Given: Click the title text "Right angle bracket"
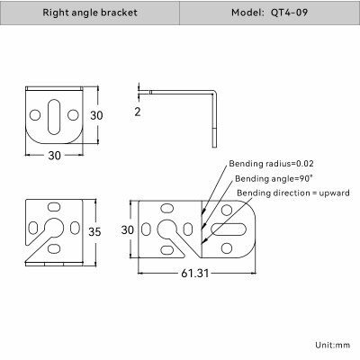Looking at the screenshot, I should tap(90, 13).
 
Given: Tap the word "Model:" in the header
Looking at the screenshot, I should tap(249, 13).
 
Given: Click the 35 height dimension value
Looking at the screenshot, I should tap(93, 231).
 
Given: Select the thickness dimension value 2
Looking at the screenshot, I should tap(139, 112).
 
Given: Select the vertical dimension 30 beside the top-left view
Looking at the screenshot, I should tap(95, 115).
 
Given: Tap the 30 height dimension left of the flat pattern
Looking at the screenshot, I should tap(128, 230).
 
